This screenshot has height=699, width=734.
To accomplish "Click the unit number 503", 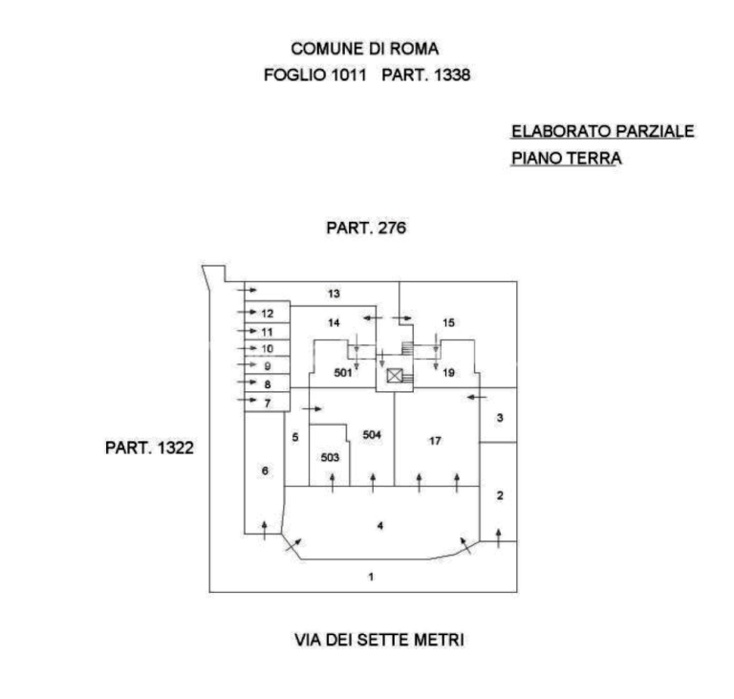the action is (x=330, y=457).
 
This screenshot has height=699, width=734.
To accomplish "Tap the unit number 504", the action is (x=372, y=435).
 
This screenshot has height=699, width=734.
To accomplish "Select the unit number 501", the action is (x=343, y=373).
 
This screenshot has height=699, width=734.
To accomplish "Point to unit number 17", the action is (x=435, y=441).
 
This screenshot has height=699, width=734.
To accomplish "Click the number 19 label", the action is (x=448, y=373).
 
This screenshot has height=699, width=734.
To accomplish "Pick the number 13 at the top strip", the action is (x=334, y=294).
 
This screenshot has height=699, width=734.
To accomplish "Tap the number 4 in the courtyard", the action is (x=380, y=526).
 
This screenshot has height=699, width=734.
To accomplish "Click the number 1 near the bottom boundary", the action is (x=371, y=577).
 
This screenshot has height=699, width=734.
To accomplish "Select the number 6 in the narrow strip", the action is (x=265, y=470).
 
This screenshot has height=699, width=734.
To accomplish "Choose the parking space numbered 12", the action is (x=268, y=314).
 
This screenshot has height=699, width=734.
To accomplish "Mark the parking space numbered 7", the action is (x=268, y=403).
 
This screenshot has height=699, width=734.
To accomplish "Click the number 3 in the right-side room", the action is (x=500, y=418).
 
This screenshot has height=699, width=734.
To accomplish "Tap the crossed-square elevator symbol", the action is (x=395, y=375).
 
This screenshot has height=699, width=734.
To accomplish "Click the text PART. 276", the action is (x=366, y=229).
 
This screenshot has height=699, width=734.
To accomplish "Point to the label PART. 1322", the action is (x=149, y=448).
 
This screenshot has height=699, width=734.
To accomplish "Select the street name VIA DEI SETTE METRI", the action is (x=379, y=640).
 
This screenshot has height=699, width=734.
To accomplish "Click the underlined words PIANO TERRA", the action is (x=567, y=159).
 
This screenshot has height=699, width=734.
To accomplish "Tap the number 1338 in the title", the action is (x=452, y=75).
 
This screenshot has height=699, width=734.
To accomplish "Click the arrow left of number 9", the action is (x=248, y=364).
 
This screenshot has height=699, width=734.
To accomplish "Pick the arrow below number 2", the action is (x=499, y=538).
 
